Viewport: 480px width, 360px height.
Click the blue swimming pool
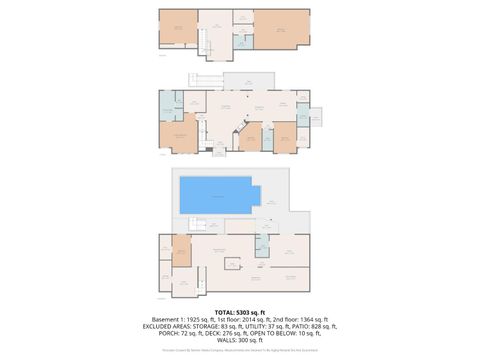215,194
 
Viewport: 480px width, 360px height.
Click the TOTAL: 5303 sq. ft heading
240,311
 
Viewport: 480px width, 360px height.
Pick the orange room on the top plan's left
178,28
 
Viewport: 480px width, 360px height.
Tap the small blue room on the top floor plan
244,41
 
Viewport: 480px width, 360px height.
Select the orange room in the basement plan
182,251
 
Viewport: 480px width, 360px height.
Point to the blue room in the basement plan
262,246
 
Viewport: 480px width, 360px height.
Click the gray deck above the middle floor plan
241,81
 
